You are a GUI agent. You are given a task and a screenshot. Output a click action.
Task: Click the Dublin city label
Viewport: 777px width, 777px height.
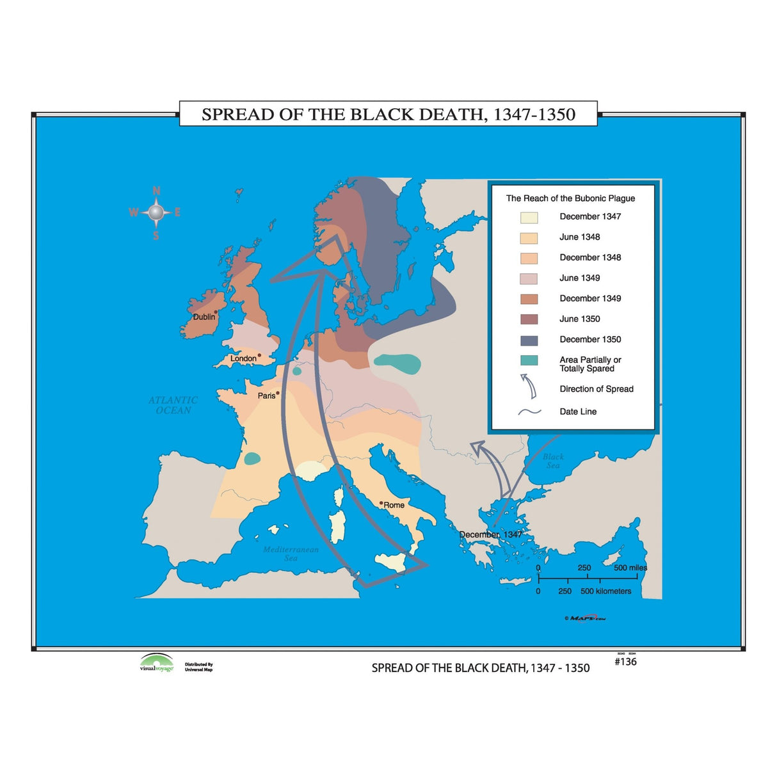coord(204,317)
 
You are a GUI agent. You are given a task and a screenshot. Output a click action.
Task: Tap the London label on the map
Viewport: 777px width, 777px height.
coord(243,358)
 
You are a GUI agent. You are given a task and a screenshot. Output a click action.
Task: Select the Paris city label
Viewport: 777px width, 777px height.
coord(266,396)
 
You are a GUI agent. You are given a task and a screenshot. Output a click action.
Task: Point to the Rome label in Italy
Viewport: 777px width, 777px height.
coord(394,505)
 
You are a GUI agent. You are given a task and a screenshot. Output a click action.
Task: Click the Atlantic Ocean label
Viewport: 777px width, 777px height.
coord(173,405)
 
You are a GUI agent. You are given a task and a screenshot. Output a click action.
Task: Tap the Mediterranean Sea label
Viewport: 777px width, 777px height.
coord(291,554)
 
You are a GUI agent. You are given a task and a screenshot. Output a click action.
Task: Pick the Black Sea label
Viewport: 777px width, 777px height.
coord(553,461)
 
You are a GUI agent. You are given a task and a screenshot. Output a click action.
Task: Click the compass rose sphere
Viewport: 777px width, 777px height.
coord(156,212)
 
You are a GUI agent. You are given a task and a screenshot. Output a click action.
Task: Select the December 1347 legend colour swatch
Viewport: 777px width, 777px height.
coord(529,218)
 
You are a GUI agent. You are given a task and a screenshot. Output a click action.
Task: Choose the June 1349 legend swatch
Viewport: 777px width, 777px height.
coord(529,278)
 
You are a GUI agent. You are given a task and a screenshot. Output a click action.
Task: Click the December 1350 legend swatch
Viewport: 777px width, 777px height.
coord(529,340)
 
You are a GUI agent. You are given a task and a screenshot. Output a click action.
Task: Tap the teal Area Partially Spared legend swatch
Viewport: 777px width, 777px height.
coord(529,360)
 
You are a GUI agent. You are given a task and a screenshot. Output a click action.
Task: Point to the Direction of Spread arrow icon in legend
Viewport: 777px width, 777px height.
coord(529,386)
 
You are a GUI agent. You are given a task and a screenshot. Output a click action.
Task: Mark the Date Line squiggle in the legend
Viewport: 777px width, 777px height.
coord(529,412)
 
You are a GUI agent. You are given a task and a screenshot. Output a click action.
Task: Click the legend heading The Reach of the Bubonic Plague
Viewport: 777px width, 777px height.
coord(570,198)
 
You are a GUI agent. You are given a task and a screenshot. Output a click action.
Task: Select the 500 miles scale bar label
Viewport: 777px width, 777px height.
coord(630,568)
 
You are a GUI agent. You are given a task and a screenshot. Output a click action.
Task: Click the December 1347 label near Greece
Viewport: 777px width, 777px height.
coord(490,534)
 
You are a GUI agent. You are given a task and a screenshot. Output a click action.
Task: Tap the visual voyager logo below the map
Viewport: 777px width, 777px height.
coord(156,663)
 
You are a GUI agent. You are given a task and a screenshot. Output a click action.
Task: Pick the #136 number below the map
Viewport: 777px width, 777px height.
coord(625,662)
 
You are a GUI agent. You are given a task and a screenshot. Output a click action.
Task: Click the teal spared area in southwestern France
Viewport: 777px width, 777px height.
coord(252,458)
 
